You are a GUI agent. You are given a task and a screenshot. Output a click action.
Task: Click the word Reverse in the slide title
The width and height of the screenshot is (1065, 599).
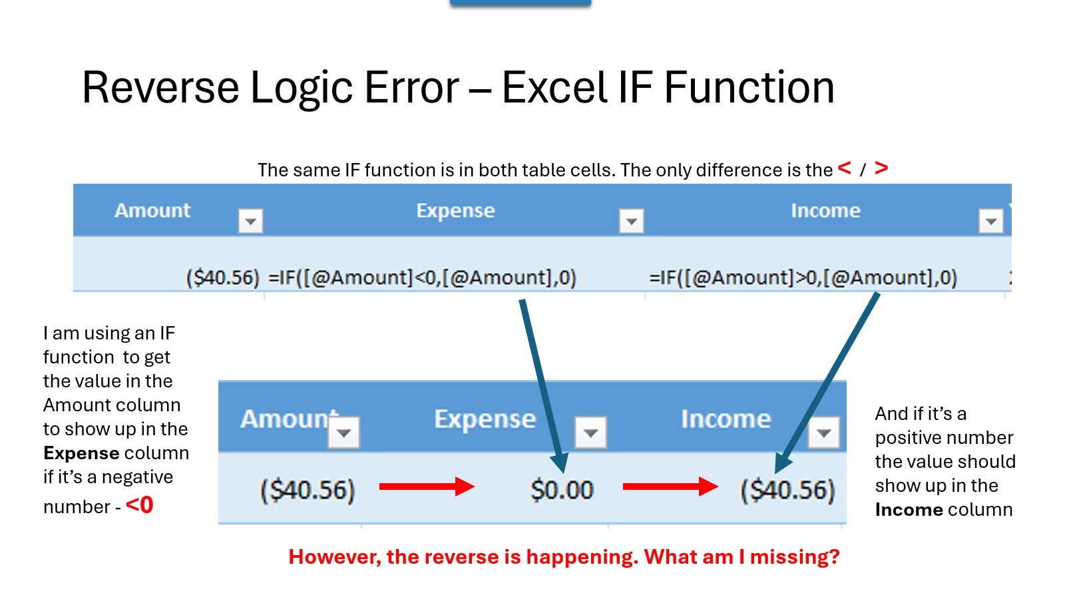160,87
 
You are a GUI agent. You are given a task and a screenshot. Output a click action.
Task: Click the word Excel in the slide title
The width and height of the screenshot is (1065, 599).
554,87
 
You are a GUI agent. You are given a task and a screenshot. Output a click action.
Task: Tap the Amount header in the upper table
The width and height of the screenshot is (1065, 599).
152,210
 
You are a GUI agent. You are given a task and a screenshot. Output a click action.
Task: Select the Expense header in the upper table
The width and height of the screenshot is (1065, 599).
455,210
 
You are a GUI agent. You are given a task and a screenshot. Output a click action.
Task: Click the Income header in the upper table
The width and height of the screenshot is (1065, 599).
825,210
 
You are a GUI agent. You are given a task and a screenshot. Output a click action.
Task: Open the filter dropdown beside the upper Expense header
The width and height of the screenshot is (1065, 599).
632,221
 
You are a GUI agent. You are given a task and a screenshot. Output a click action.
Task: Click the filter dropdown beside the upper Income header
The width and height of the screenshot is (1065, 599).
991,221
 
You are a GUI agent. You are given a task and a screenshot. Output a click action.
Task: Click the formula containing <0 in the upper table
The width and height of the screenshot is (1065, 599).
422,278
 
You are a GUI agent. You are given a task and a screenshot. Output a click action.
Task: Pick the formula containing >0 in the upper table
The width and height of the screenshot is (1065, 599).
803,278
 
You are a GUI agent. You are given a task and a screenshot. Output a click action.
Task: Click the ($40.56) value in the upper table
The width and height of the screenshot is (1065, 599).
222,278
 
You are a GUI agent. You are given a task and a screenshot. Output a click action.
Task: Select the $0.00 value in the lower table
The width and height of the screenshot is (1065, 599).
562,490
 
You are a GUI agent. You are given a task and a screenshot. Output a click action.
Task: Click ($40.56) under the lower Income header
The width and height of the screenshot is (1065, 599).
787,490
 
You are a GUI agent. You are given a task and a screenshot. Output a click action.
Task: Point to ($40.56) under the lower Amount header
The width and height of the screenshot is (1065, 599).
308,490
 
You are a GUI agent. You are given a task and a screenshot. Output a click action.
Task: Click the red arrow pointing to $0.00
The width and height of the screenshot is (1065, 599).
427,487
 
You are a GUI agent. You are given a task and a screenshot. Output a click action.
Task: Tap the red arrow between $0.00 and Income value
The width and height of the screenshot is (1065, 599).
670,487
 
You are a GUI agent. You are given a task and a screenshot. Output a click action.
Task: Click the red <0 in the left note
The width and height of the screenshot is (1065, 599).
139,505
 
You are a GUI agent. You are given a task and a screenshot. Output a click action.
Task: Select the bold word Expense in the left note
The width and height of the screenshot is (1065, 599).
81,453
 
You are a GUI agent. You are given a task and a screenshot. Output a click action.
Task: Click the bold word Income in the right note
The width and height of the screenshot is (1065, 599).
909,510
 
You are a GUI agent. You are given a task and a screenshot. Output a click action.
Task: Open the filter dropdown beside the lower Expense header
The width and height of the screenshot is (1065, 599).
590,433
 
